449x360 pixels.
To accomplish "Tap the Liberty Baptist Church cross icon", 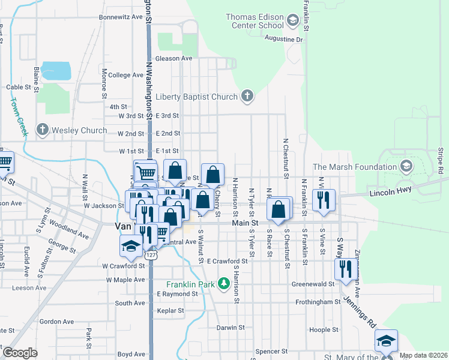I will pyautogui.click(x=247, y=96).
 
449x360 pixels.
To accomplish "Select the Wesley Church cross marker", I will pyautogui.click(x=42, y=130).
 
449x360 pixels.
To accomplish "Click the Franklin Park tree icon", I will pyautogui.click(x=223, y=282).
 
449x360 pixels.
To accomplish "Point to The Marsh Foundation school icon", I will pyautogui.click(x=406, y=166).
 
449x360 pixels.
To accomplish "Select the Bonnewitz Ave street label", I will pyautogui.click(x=121, y=17).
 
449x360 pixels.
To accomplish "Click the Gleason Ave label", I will pyautogui.click(x=173, y=58).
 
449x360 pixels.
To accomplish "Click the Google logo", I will pyautogui.click(x=20, y=352).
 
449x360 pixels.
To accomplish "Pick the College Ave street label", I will pyautogui.click(x=126, y=75).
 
